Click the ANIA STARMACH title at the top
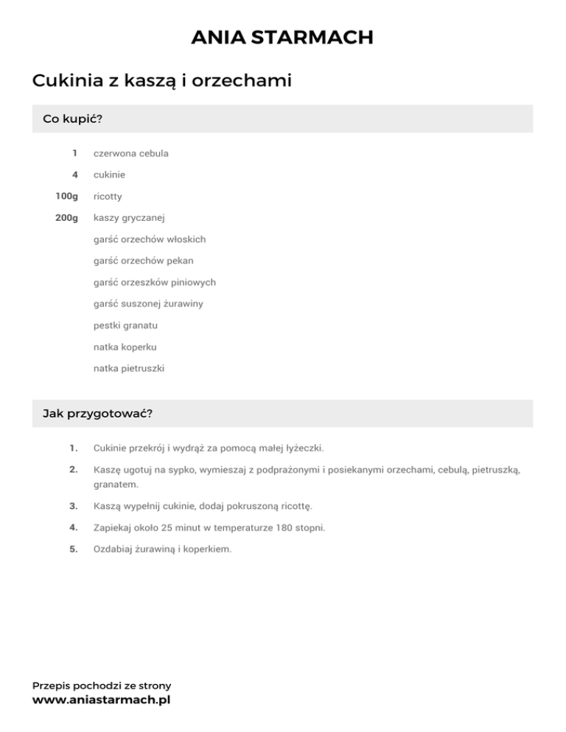click(282, 37)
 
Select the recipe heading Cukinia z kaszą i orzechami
click(162, 81)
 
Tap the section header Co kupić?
click(72, 119)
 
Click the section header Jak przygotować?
click(98, 413)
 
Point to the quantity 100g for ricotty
click(66, 197)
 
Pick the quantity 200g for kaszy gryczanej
click(66, 218)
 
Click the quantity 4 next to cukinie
click(74, 175)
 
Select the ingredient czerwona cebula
click(131, 154)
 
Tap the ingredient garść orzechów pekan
click(144, 261)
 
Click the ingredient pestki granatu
click(125, 325)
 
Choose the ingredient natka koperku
click(125, 346)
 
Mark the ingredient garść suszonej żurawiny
click(148, 303)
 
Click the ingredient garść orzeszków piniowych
click(155, 282)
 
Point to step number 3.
click(73, 507)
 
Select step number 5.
click(73, 549)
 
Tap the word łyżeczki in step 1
click(301, 448)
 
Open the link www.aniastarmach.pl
click(101, 700)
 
